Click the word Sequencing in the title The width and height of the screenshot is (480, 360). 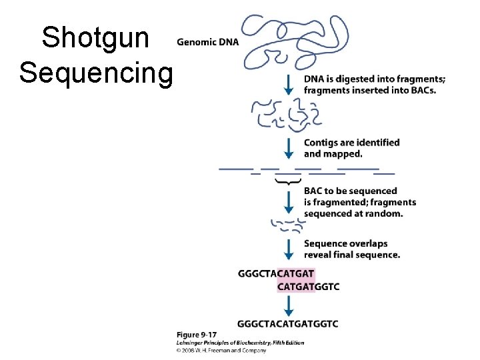point(95,71)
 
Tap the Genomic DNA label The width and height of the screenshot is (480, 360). point(207,42)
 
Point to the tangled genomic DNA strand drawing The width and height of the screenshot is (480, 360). point(293,41)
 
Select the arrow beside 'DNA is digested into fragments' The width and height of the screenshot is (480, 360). point(289,84)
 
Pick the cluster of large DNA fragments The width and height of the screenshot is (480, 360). point(277,115)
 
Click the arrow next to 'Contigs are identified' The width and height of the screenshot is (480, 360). point(289,148)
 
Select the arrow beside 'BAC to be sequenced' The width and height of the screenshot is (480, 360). point(289,201)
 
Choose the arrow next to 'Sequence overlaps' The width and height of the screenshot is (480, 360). point(289,249)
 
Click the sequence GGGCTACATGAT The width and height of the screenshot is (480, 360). point(275,273)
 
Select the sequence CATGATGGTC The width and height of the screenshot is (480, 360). point(308,287)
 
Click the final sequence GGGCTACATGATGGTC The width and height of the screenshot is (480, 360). point(287,323)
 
